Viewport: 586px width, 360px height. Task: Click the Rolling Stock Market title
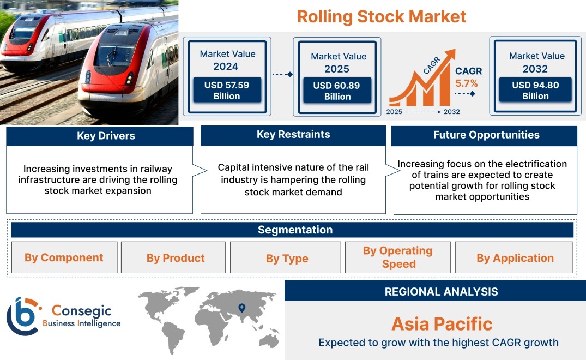point(382,17)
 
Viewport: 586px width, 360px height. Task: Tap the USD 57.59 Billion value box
point(227,90)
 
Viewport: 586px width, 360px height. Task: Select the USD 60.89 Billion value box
point(337,91)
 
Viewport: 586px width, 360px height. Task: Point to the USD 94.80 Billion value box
point(535,90)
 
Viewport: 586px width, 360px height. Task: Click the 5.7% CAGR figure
point(467,83)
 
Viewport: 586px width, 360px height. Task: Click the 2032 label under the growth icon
point(452,112)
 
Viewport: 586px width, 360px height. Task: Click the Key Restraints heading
point(293,135)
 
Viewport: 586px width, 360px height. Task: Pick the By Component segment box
point(64,257)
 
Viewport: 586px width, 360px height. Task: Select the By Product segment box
point(173,257)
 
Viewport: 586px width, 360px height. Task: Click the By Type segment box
point(286,257)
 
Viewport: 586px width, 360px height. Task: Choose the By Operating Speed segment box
point(397,257)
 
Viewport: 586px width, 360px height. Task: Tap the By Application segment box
point(514,257)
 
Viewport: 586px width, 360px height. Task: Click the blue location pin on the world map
point(242,308)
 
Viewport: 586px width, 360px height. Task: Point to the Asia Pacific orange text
point(442,324)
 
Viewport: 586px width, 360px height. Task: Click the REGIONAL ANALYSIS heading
point(442,292)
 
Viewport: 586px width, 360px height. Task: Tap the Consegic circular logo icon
point(22,316)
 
